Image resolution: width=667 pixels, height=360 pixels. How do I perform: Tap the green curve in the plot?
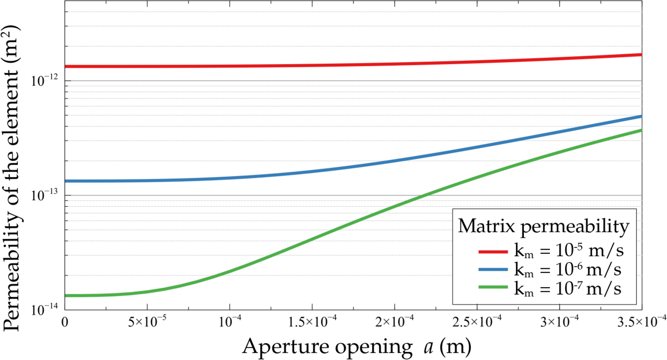tap(323, 235)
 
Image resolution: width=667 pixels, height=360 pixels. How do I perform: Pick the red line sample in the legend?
tap(493, 252)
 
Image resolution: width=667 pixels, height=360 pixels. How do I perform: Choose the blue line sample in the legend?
tap(493, 269)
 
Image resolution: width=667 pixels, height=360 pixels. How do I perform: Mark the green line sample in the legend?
tap(493, 287)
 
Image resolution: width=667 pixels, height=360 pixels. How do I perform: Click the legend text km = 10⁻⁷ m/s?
tap(568, 288)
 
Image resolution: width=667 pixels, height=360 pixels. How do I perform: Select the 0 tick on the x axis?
tap(65, 323)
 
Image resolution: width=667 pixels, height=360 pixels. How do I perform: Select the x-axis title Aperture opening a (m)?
tap(356, 347)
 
